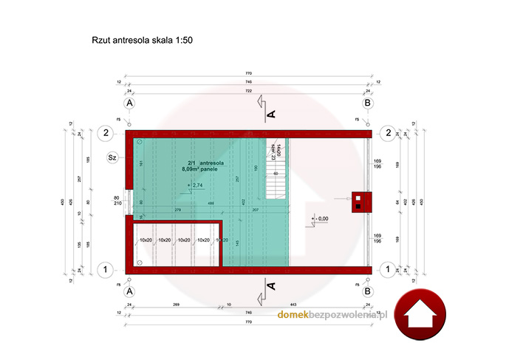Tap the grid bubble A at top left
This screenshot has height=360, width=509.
(129, 104)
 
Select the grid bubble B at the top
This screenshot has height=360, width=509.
(368, 104)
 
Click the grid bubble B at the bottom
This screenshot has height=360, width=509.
(368, 292)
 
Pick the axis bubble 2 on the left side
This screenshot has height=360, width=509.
(106, 133)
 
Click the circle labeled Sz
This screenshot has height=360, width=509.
(113, 157)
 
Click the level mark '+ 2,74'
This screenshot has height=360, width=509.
(195, 185)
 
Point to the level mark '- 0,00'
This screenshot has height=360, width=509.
(320, 219)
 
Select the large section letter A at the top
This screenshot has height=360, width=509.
(270, 114)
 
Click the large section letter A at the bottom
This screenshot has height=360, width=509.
(270, 285)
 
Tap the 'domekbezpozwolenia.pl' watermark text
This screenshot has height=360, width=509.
(332, 315)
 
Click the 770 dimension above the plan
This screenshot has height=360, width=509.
(248, 75)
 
